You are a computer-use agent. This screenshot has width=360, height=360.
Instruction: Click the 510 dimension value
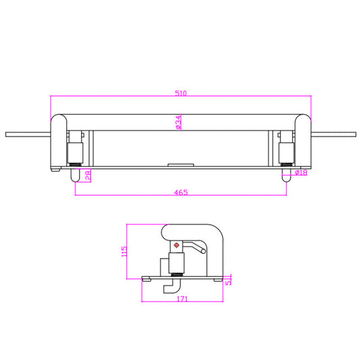click(x=181, y=93)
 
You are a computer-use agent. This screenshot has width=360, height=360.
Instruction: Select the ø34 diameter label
click(x=178, y=122)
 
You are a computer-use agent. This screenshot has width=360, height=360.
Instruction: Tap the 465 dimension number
click(x=181, y=192)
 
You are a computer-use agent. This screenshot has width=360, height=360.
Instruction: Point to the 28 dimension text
click(x=88, y=176)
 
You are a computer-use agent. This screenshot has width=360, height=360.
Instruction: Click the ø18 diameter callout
click(x=301, y=172)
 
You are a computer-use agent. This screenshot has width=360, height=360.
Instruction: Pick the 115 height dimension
click(x=124, y=251)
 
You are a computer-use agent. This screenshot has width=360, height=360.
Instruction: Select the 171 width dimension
click(x=182, y=299)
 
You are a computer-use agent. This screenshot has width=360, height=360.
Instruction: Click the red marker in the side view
click(x=176, y=245)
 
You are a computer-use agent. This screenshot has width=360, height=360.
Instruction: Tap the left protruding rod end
click(x=7, y=134)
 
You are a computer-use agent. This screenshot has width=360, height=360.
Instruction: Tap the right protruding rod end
click(x=355, y=134)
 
